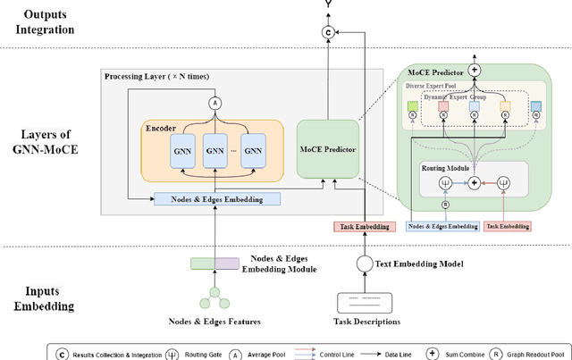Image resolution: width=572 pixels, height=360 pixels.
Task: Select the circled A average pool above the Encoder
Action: (x=214, y=104)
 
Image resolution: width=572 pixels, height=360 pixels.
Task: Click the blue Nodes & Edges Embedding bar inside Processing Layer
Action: (x=217, y=199)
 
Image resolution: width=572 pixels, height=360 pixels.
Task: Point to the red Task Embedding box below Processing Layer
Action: (x=363, y=227)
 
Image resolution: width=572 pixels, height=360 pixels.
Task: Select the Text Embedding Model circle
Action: (x=365, y=264)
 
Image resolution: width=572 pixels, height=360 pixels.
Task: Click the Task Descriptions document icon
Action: (x=366, y=302)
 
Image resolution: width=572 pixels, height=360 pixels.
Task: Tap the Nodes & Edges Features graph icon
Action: (x=214, y=296)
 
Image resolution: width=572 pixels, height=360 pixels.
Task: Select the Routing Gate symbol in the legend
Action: (x=172, y=353)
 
